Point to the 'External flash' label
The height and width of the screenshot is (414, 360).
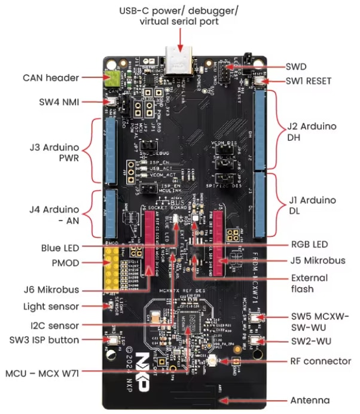click(309, 284)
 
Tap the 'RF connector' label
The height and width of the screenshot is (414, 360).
click(320, 361)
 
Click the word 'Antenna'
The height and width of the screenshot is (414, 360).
click(310, 400)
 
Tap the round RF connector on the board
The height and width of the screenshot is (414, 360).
click(213, 361)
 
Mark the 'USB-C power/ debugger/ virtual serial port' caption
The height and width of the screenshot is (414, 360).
click(179, 16)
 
